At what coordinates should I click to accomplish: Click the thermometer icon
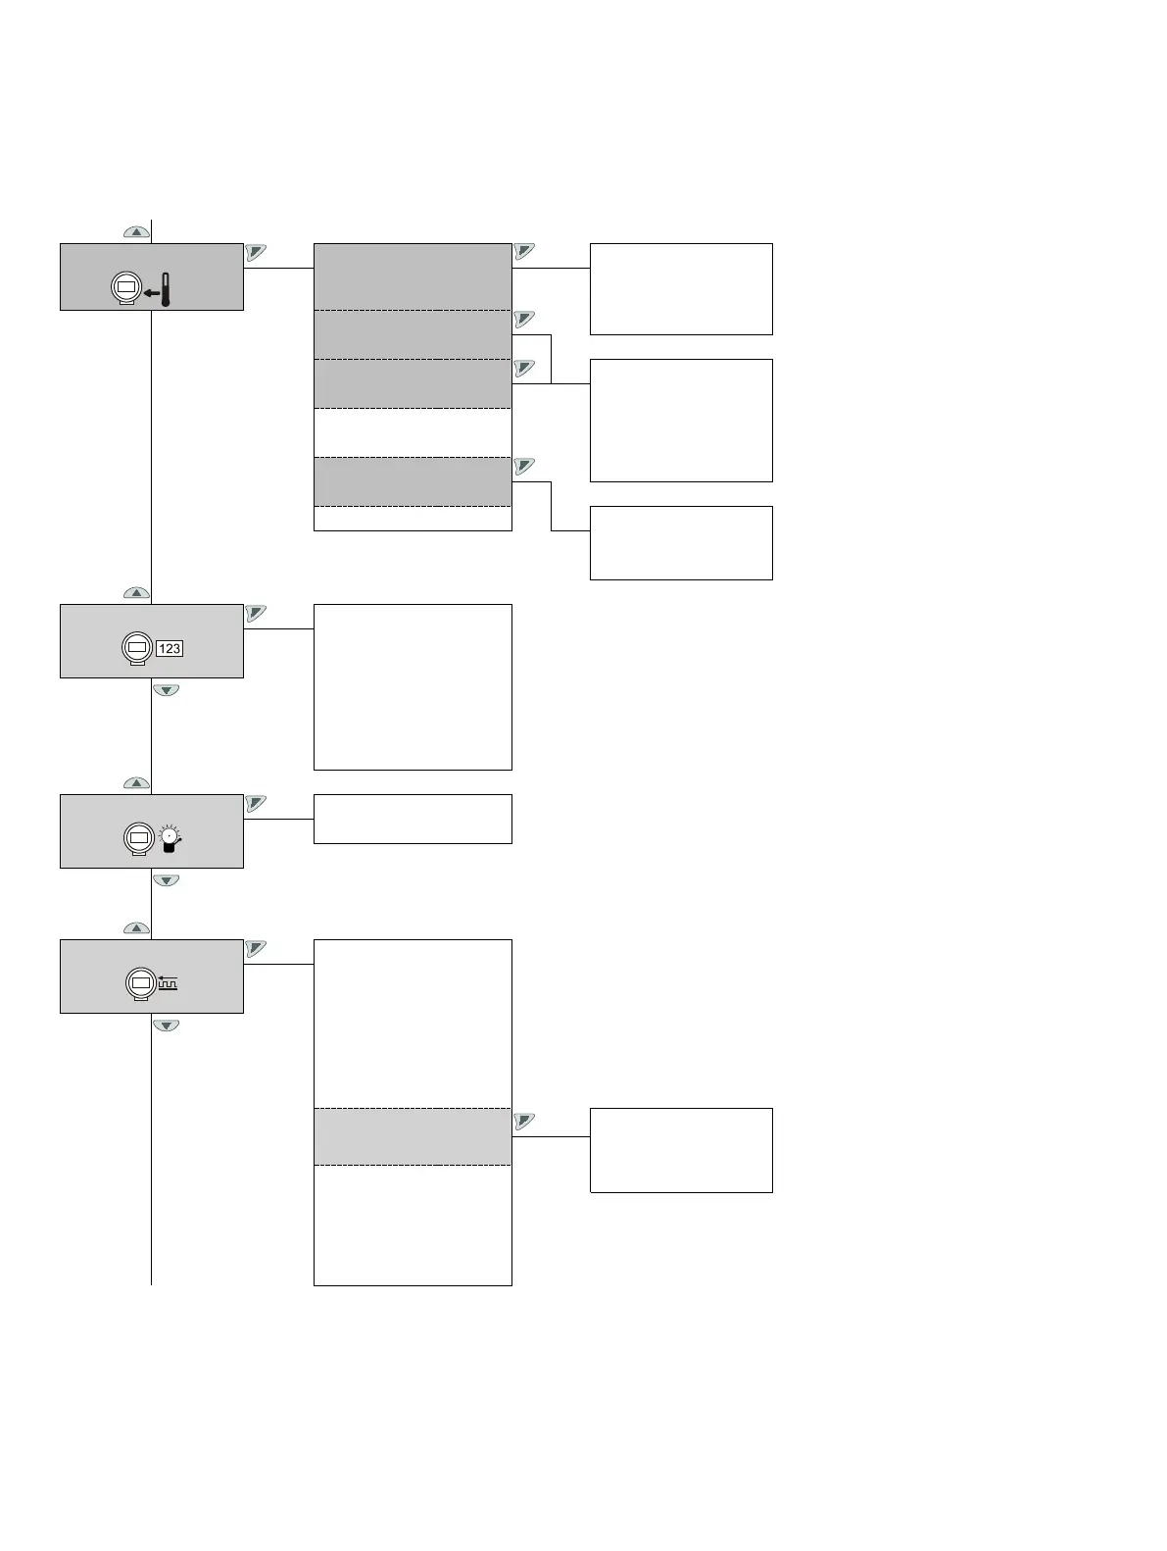(165, 290)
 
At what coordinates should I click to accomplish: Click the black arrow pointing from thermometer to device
(150, 292)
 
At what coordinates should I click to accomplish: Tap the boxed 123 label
(170, 649)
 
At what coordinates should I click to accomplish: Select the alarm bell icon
(170, 838)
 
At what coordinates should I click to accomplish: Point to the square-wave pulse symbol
(169, 983)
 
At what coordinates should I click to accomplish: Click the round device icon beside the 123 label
(138, 648)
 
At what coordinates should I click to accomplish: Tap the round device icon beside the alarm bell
(138, 838)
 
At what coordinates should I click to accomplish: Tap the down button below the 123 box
(167, 690)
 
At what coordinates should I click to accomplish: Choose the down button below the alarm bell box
(167, 880)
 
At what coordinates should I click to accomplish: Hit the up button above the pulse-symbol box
(136, 927)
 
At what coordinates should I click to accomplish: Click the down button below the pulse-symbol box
(167, 1026)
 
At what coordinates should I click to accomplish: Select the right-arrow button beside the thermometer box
(256, 252)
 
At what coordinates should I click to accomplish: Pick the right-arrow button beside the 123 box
(256, 613)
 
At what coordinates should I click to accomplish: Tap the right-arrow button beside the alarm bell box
(256, 803)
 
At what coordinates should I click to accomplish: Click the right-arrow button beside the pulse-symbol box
(256, 948)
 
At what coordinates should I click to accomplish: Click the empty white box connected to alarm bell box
(413, 819)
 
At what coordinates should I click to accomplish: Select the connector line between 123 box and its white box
(278, 629)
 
